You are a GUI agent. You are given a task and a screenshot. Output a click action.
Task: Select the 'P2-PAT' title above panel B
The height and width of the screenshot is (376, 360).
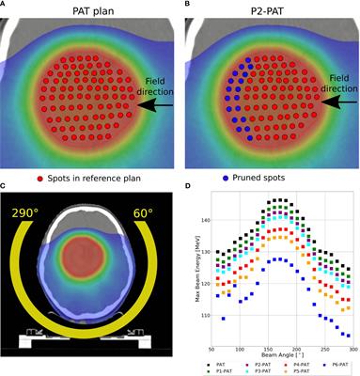pyautogui.click(x=270, y=9)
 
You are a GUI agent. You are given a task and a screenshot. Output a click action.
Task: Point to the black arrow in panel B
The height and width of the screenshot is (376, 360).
pyautogui.click(x=334, y=108)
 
